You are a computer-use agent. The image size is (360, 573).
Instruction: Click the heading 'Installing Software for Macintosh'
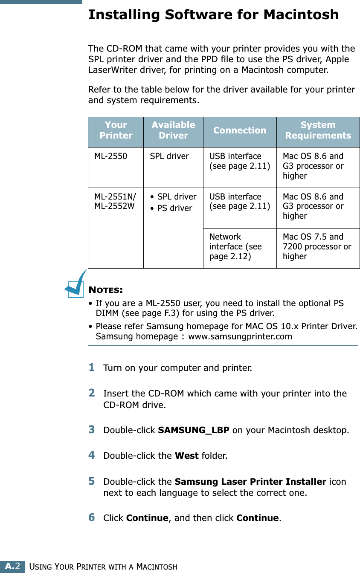(x=213, y=15)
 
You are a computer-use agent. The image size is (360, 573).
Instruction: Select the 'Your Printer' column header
(x=116, y=130)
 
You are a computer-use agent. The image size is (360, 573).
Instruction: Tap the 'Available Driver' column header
(x=173, y=130)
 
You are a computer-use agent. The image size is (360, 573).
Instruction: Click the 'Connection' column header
(x=240, y=130)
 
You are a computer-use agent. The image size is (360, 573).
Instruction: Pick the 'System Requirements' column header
(x=318, y=130)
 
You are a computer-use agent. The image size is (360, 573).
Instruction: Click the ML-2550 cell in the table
(x=110, y=156)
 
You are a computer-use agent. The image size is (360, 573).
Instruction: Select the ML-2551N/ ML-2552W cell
(x=115, y=202)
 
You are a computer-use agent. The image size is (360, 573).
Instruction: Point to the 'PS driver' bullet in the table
(x=175, y=208)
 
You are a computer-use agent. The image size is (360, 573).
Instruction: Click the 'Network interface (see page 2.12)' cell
(x=235, y=246)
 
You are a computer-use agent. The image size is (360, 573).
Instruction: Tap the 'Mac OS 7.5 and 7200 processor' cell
(x=317, y=246)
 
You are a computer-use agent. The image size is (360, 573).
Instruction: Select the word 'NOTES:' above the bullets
(x=106, y=290)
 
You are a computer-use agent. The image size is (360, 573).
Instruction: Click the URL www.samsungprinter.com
(x=240, y=337)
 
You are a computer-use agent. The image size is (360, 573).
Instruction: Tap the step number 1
(x=92, y=367)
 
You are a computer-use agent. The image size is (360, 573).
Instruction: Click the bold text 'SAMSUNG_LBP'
(x=194, y=430)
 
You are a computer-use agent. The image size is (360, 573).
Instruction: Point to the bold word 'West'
(x=187, y=456)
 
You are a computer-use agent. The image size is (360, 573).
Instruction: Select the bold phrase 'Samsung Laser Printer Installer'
(x=250, y=482)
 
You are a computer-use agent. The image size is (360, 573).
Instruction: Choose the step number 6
(x=92, y=518)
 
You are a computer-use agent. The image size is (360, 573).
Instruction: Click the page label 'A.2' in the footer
(x=13, y=567)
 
